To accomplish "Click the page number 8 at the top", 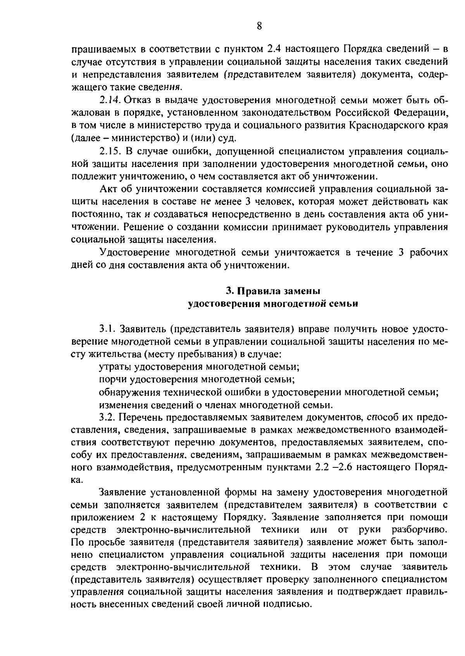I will [259, 26].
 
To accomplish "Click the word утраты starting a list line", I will [113, 366].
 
